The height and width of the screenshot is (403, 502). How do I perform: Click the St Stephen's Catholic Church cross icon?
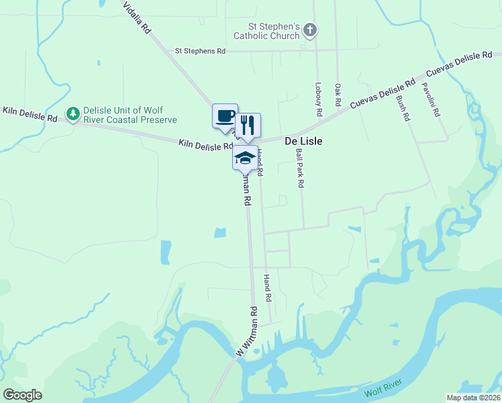(x=309, y=30)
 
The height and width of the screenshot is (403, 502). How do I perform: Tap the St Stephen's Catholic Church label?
(x=266, y=30)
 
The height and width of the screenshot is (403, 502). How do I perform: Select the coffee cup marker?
(x=225, y=116)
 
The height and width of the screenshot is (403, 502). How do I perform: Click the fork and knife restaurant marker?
(x=247, y=125)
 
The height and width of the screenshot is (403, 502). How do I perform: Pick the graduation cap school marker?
(x=245, y=158)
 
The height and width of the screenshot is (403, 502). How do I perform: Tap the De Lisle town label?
(x=303, y=141)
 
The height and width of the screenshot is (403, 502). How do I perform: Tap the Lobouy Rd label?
(x=318, y=98)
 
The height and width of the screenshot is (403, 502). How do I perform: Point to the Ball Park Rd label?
(x=300, y=168)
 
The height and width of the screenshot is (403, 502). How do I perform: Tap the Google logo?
(x=22, y=394)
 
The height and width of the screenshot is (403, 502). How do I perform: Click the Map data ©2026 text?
(x=473, y=398)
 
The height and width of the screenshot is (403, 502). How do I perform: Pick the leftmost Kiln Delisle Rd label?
(x=30, y=114)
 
